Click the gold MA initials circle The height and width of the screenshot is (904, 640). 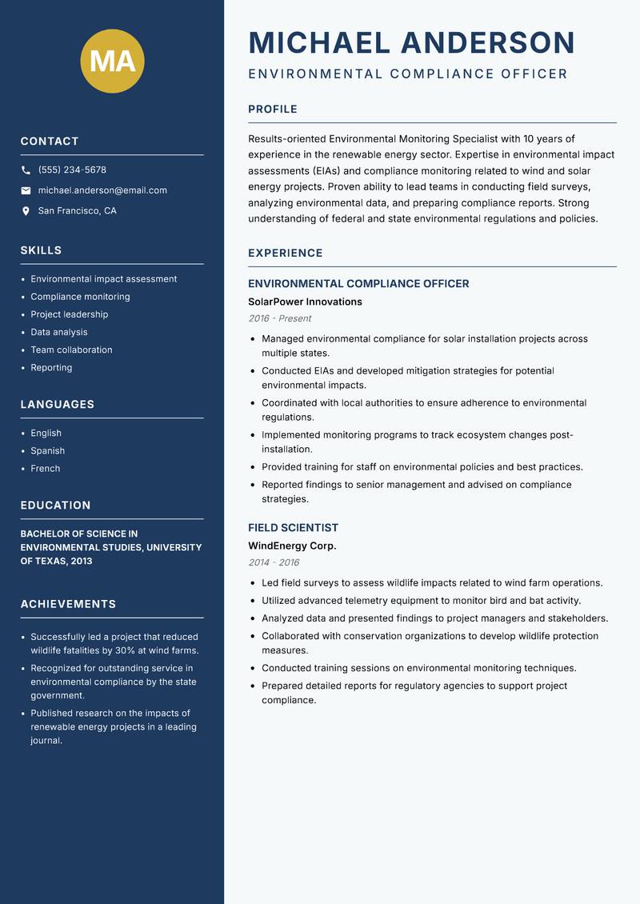point(113,62)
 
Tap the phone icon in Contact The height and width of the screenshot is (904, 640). point(26,170)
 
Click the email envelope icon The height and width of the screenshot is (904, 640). point(26,190)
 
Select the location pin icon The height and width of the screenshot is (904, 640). point(26,211)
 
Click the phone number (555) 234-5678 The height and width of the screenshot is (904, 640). point(72,170)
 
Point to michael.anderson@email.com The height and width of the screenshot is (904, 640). point(102,190)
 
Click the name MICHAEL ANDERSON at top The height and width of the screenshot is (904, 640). point(411,42)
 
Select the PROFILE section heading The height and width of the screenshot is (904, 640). point(272,110)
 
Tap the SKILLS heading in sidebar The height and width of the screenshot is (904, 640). point(41,250)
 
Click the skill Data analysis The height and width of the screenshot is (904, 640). point(59,332)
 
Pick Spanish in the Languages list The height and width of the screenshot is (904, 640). point(47,451)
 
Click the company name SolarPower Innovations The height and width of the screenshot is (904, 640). point(305,302)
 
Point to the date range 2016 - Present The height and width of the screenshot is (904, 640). point(279,318)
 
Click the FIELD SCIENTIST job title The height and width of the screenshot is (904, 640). point(293,528)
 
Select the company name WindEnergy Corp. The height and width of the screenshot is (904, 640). point(292,546)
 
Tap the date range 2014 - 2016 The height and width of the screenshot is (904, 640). point(274,562)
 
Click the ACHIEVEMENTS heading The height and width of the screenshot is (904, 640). point(68,604)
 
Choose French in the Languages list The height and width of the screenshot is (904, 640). point(46,469)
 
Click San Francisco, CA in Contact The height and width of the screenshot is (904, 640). point(77,211)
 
